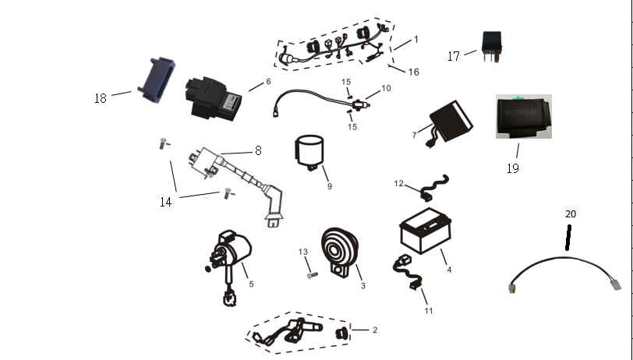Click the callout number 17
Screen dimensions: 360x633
(x=454, y=56)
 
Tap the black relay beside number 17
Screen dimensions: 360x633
(x=492, y=44)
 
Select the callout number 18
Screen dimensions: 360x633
(x=101, y=98)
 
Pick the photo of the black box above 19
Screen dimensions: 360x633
(x=523, y=117)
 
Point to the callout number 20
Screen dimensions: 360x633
(x=571, y=214)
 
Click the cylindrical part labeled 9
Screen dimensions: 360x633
(x=311, y=151)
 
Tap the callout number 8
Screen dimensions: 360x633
(x=257, y=151)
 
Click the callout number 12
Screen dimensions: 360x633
(x=398, y=184)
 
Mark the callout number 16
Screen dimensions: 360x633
(x=413, y=72)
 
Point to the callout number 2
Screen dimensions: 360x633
(x=374, y=330)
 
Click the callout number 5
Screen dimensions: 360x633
(x=251, y=284)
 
